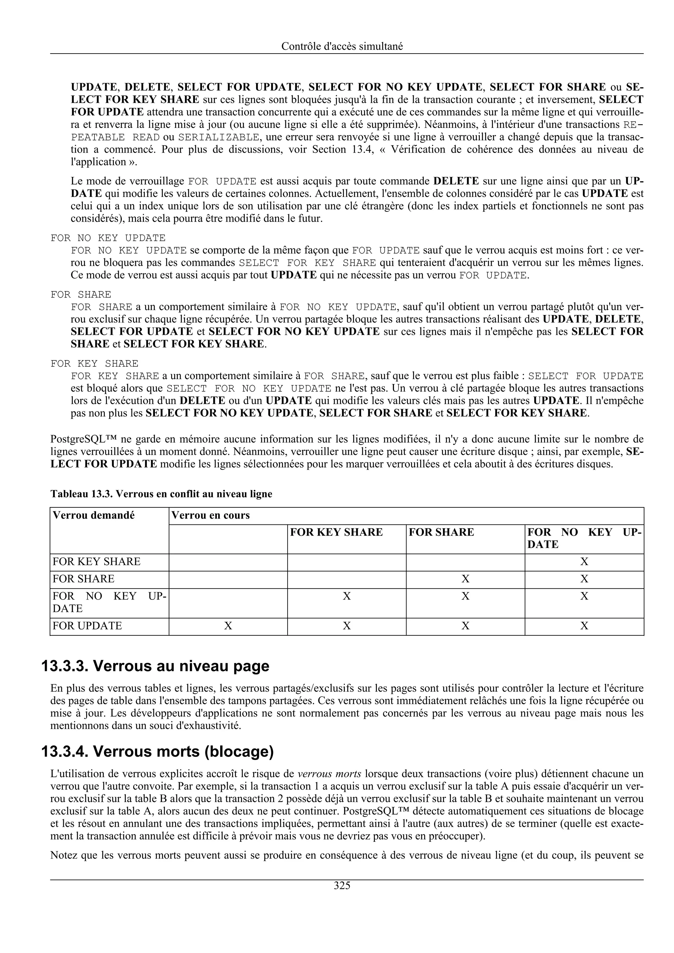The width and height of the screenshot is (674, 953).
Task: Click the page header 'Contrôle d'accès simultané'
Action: (342, 46)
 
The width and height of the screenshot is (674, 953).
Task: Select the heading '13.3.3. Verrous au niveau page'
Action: (155, 666)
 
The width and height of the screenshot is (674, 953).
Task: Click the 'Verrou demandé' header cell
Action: (93, 516)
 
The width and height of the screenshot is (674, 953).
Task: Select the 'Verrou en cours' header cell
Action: (211, 516)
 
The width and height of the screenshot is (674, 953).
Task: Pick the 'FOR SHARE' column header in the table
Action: (441, 532)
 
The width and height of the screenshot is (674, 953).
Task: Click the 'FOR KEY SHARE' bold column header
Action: (336, 532)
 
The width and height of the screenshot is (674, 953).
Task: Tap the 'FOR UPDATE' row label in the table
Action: (87, 626)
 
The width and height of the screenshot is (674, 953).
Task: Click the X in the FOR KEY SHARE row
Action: (584, 562)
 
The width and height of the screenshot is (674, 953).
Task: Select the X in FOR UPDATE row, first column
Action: (228, 626)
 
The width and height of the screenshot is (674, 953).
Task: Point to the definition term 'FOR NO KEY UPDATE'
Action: (108, 238)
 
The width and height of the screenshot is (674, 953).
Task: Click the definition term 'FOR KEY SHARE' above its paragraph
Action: (94, 364)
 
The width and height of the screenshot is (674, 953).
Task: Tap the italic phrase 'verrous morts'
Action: (330, 774)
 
